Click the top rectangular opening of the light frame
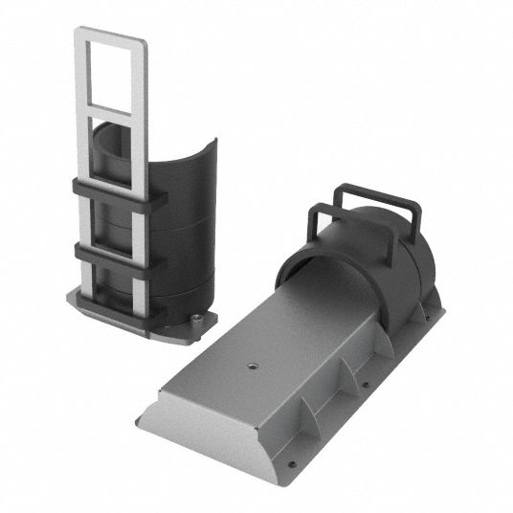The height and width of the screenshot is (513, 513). [112, 73]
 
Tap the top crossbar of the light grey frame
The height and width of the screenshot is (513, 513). [112, 33]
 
